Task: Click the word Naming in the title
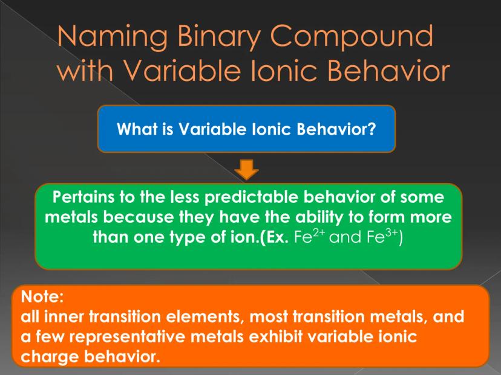113,36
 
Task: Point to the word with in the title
85,70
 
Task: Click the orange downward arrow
246,169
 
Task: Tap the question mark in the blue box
372,129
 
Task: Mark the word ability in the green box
319,218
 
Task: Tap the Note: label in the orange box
42,296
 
